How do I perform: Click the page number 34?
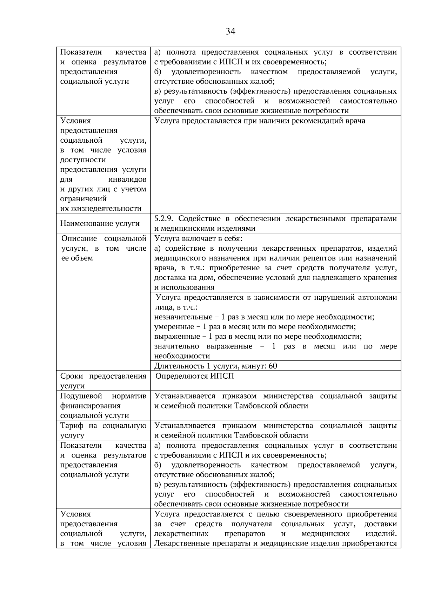click(x=230, y=32)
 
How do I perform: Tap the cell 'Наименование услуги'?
click(x=100, y=224)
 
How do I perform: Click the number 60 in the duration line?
click(x=273, y=366)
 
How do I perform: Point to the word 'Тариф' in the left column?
click(x=72, y=426)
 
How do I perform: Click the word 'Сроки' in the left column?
click(x=72, y=376)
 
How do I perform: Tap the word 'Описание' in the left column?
click(x=79, y=239)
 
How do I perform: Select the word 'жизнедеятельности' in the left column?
click(x=101, y=209)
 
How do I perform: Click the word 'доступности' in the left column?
click(x=83, y=160)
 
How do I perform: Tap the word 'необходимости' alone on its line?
click(x=182, y=356)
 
